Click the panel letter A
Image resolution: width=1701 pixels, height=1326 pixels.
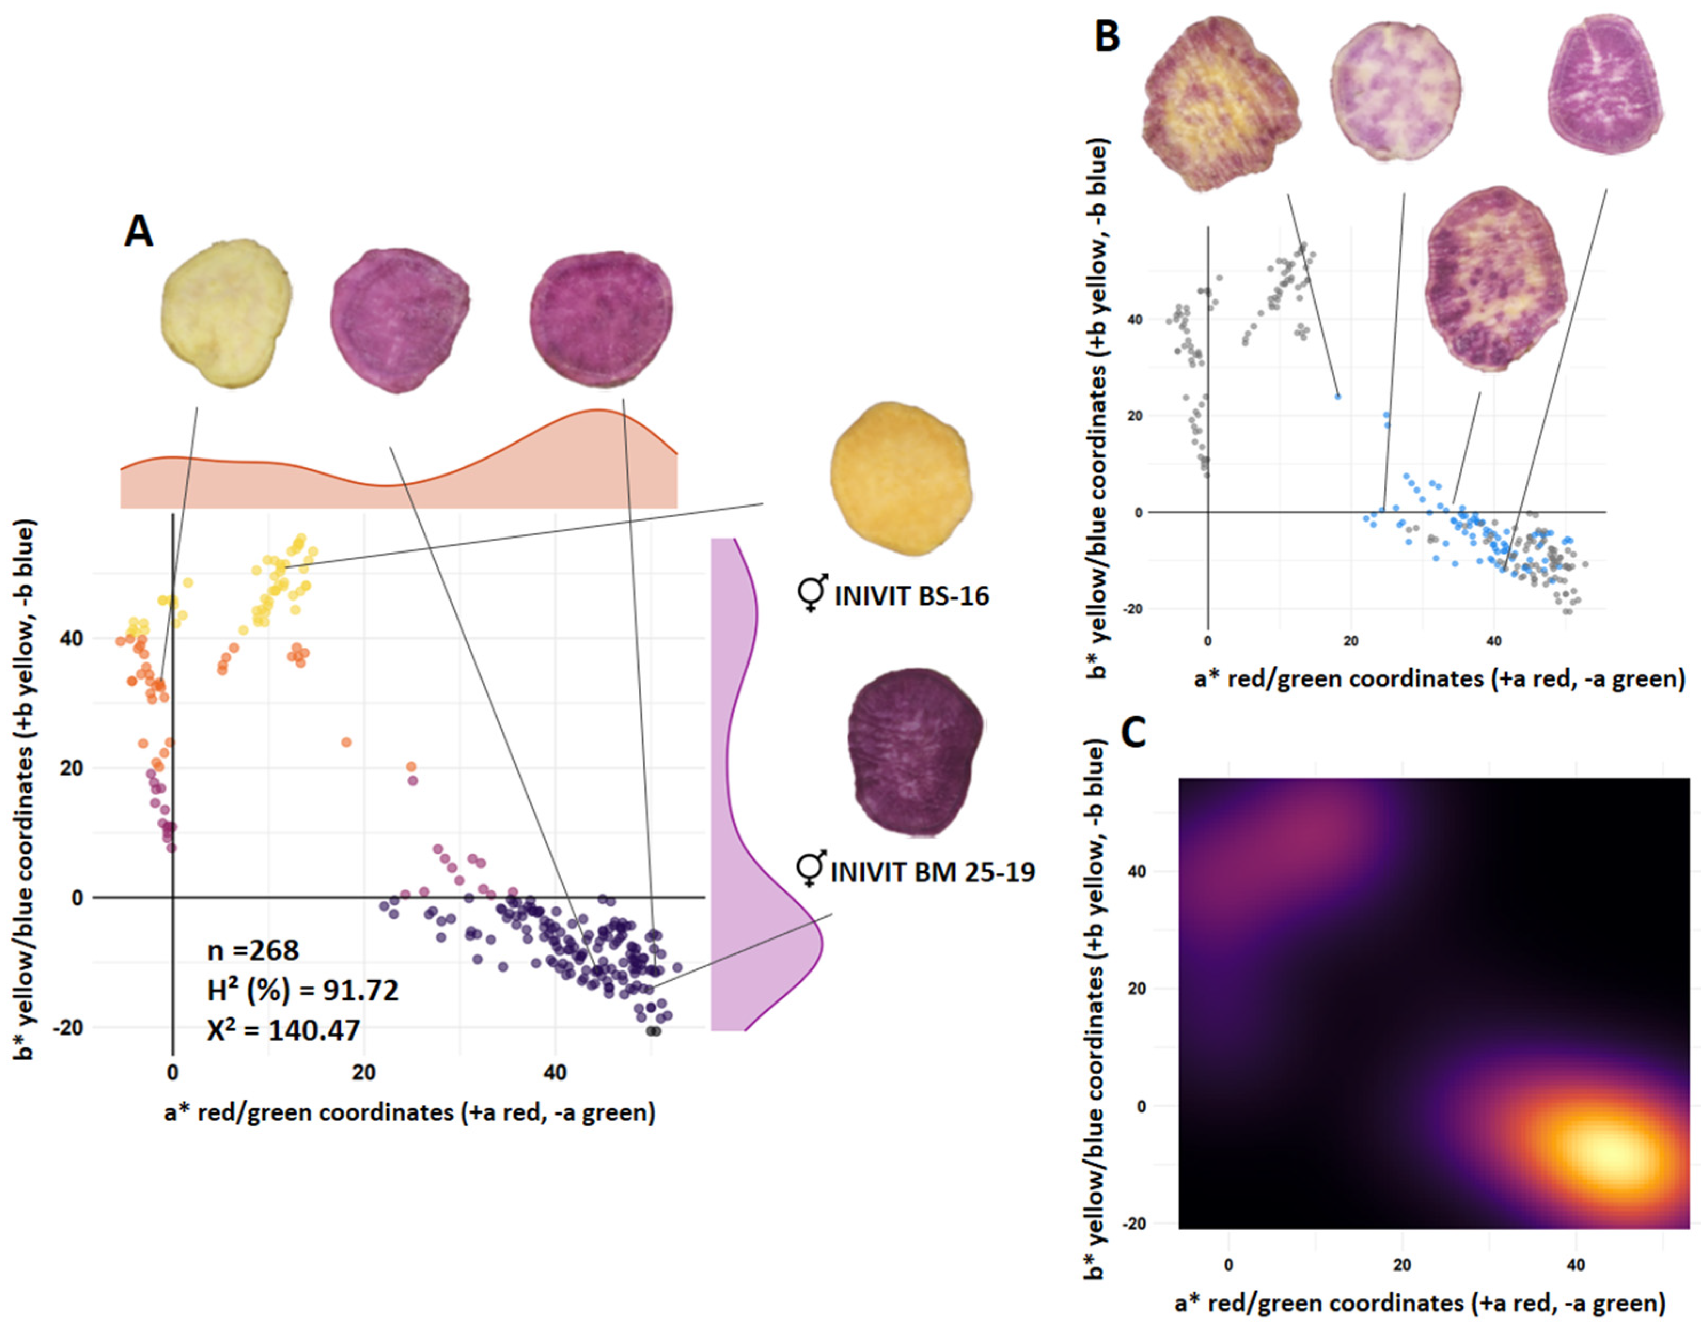[139, 231]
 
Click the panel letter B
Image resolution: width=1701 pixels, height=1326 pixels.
[1107, 37]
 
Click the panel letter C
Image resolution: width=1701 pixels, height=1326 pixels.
[1133, 733]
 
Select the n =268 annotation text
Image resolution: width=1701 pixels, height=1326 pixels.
[253, 951]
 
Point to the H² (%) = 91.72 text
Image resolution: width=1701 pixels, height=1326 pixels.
[302, 990]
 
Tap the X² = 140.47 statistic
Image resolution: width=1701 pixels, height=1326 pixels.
[283, 1031]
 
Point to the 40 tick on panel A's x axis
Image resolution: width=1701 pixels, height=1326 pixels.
[555, 1073]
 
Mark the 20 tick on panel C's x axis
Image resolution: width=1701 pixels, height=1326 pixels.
[1402, 1265]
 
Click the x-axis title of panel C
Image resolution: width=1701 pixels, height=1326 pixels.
[1420, 1303]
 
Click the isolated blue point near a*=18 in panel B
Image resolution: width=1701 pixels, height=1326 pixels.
[1337, 396]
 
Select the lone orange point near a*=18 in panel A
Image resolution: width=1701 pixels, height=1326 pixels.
[346, 742]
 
